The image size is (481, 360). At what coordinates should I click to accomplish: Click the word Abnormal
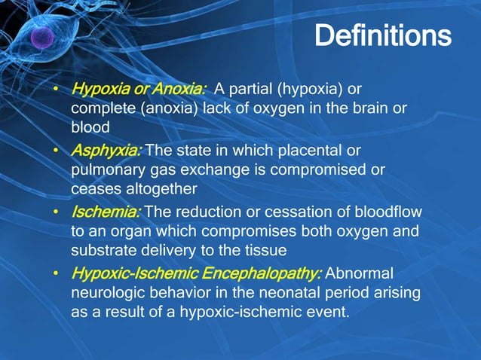tap(361, 272)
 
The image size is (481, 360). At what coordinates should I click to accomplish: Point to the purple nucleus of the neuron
tap(42, 38)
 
